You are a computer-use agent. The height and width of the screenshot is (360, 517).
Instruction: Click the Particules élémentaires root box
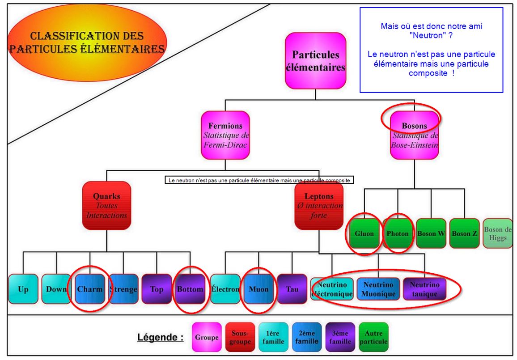tap(315, 61)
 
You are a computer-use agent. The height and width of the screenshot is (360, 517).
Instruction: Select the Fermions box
tap(225, 135)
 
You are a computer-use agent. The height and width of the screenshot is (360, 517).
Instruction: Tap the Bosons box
tap(414, 135)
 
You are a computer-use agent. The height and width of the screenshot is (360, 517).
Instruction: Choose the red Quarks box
tap(106, 205)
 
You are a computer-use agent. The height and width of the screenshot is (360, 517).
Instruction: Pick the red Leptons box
tap(319, 205)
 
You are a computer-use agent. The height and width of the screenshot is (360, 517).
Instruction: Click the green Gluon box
tap(364, 233)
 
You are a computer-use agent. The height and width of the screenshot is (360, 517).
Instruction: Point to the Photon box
tap(398, 233)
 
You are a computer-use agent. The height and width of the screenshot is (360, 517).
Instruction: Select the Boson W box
tap(431, 233)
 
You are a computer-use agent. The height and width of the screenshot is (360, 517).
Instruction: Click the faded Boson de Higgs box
tap(498, 233)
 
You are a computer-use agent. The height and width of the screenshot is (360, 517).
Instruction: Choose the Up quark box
tap(23, 289)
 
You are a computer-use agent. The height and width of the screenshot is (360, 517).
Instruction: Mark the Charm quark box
tap(89, 289)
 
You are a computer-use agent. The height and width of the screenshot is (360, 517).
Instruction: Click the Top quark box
tap(157, 289)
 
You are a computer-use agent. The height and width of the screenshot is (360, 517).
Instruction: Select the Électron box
tap(225, 289)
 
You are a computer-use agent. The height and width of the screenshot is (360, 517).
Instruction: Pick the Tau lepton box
tap(292, 289)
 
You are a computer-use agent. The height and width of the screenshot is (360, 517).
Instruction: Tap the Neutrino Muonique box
tap(378, 289)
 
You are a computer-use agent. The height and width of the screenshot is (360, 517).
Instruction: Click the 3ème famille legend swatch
tap(340, 337)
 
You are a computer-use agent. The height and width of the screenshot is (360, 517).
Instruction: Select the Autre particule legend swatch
tap(373, 337)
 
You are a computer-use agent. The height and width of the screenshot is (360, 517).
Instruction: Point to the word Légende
tap(160, 338)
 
